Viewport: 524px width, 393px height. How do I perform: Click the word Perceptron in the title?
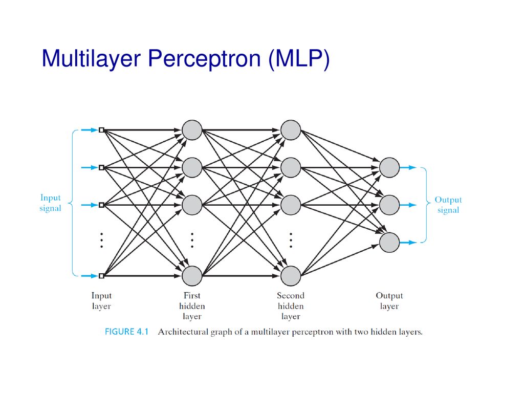[204, 59]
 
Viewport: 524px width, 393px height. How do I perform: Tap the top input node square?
[102, 130]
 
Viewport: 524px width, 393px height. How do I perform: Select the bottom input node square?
[102, 276]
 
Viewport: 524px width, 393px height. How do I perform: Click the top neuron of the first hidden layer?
[192, 130]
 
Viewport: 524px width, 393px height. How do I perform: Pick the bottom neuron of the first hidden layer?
[192, 276]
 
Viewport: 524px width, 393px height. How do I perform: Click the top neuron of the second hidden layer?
[291, 130]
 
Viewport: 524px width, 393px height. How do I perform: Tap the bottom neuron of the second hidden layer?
[291, 276]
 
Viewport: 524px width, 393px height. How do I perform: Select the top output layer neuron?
[389, 167]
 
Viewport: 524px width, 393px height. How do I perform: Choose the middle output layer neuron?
[389, 205]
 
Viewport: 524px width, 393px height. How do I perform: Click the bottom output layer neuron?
[389, 242]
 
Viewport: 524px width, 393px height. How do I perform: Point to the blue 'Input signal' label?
[51, 203]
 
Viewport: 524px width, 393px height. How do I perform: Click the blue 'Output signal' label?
[448, 205]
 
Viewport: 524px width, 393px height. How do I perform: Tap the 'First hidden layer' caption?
[192, 306]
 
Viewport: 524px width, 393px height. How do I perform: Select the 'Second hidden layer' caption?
[291, 306]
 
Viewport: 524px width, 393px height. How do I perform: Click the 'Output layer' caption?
[389, 301]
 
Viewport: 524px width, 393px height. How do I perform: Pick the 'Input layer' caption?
[102, 301]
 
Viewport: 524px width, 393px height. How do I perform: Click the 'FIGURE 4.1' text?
[127, 332]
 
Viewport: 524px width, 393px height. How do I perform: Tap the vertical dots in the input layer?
[102, 241]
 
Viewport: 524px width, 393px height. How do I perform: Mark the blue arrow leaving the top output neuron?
[408, 167]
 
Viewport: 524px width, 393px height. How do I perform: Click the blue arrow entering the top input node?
[90, 130]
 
